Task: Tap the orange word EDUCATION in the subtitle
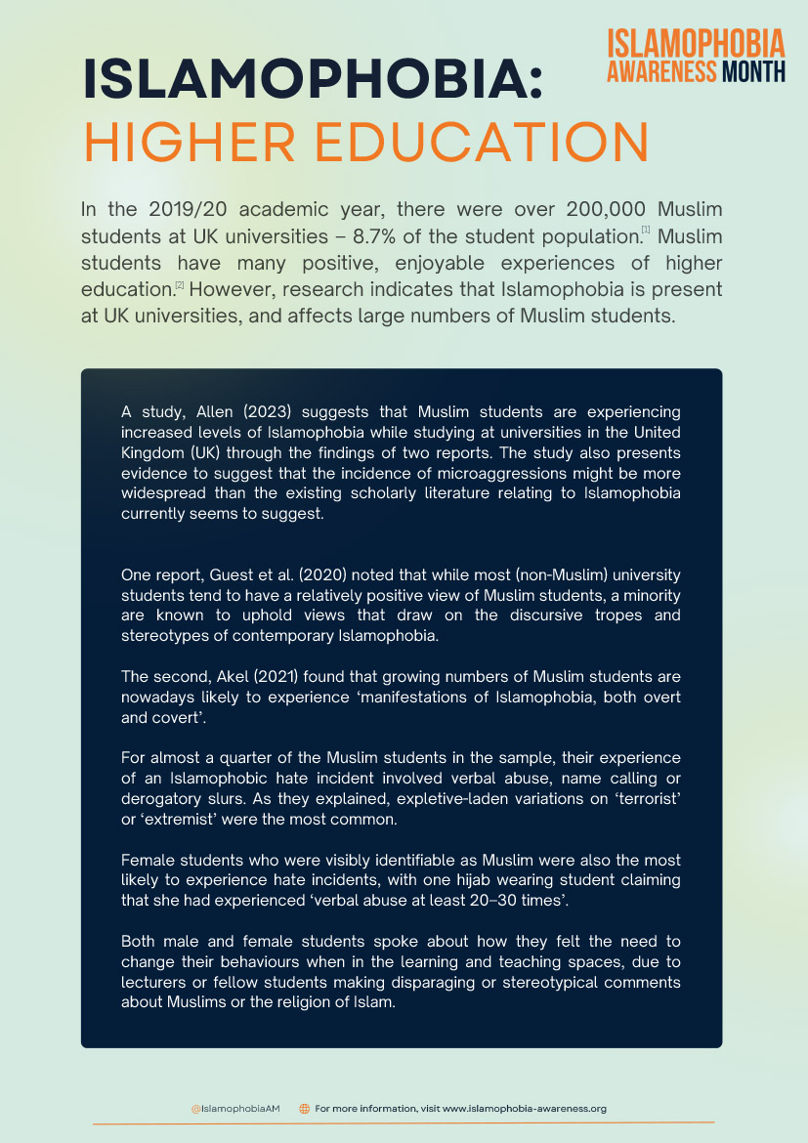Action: pos(479,143)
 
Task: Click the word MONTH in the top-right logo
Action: pos(752,71)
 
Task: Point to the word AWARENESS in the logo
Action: pos(661,71)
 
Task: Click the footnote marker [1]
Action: pos(646,231)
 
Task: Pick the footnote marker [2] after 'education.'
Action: pos(180,284)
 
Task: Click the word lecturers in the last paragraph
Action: pos(153,982)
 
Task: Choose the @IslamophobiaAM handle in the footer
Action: pos(235,1109)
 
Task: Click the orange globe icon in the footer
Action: pos(304,1109)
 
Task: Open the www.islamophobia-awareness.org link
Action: pos(525,1109)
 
